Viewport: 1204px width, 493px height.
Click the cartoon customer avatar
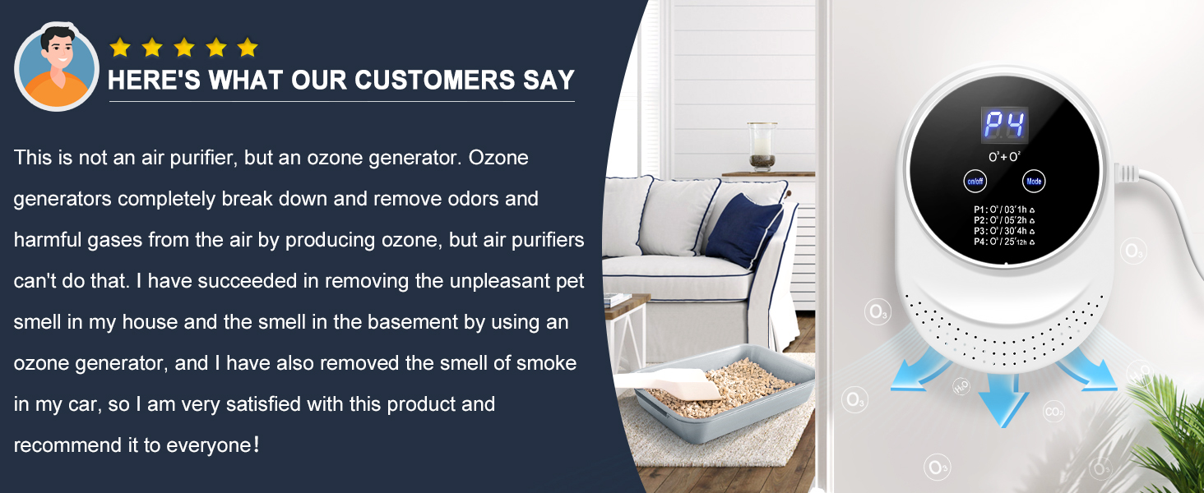[57, 66]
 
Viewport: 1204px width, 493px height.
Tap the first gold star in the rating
[120, 48]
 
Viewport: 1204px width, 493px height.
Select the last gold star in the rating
[248, 48]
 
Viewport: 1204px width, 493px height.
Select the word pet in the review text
[568, 281]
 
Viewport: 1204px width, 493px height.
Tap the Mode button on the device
[1034, 181]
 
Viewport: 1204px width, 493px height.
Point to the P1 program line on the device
[1003, 210]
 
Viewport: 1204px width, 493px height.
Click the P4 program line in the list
[1003, 242]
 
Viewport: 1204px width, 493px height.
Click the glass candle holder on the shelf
[762, 146]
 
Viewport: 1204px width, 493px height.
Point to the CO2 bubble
[1053, 410]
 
